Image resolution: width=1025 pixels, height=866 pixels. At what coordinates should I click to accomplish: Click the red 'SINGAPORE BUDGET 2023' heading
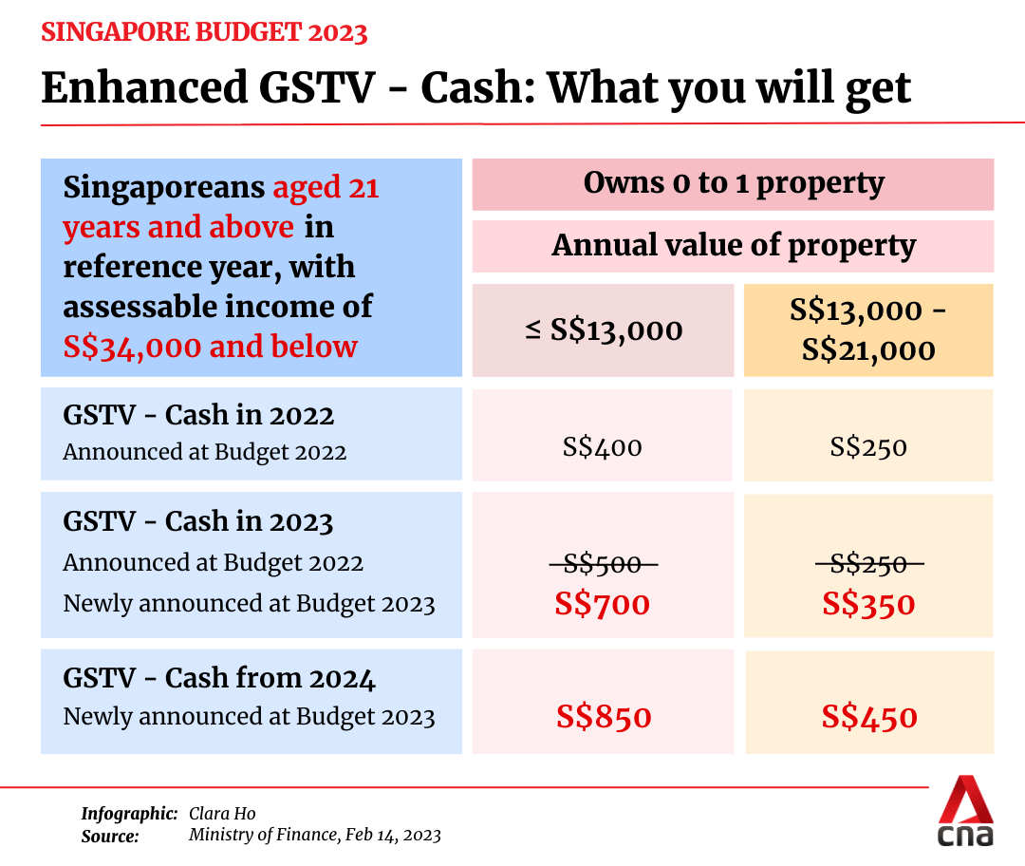pos(204,32)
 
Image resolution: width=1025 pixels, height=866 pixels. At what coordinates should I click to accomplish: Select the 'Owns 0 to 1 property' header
pos(733,183)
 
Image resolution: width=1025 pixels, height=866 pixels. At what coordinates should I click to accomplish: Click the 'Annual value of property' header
pos(733,246)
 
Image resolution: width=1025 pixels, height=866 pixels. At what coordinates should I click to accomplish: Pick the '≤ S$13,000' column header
pos(603,330)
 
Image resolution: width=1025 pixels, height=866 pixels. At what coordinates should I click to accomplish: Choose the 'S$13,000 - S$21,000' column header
pos(868,330)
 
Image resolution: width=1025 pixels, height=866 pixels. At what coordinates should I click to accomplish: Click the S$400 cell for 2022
pos(603,446)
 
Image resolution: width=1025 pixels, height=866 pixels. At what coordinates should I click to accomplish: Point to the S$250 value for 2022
pos(868,446)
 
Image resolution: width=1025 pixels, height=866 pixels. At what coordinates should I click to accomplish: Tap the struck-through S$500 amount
pos(604,565)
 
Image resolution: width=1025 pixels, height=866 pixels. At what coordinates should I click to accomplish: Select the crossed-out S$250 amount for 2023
pos(869,565)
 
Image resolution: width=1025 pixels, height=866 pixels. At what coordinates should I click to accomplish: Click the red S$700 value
pos(604,604)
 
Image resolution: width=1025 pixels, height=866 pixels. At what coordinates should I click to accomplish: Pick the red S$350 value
pos(869,604)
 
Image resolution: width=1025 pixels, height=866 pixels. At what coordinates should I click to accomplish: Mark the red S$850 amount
pos(604,717)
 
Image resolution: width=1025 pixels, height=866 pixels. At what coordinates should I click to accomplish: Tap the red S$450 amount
pos(869,717)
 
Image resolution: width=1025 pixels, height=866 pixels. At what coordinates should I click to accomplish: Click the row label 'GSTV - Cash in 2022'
pos(198,416)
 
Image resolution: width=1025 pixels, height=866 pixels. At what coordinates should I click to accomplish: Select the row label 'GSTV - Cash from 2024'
pos(219,678)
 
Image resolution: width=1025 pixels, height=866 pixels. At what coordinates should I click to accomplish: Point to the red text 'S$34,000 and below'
pos(210,347)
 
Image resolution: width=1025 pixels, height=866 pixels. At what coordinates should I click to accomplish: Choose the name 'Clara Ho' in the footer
pos(222,814)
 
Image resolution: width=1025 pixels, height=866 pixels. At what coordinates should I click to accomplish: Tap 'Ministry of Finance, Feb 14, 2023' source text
pos(314,836)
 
